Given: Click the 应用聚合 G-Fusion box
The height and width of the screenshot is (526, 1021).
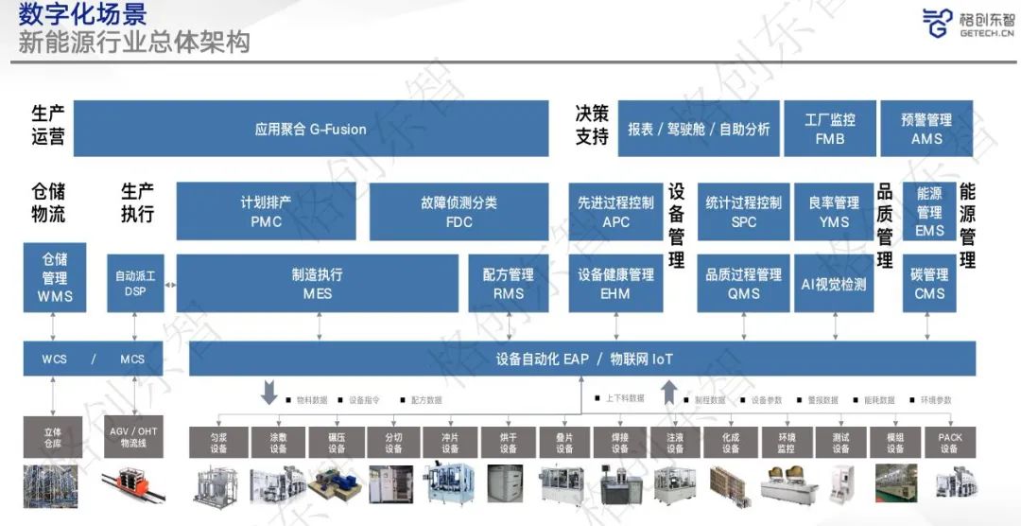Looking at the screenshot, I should pos(310,129).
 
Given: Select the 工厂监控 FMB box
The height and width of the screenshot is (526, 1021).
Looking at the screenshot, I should pos(829,129).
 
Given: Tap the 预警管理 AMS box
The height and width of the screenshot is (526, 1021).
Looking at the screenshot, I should pos(926,129).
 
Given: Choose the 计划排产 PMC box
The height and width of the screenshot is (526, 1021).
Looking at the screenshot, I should pos(266,212).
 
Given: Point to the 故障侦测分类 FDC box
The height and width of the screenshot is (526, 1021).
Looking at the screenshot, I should pos(459,212).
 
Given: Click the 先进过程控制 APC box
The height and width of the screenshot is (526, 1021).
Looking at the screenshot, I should pos(615,212).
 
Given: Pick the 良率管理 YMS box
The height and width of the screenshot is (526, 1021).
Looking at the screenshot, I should pos(834,212).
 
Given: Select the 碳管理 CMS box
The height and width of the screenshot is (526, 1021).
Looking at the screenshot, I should pos(929,284).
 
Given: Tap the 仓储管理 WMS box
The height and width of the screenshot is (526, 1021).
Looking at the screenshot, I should pos(55,278).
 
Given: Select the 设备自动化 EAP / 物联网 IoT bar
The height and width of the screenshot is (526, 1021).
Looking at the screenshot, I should pos(582,359).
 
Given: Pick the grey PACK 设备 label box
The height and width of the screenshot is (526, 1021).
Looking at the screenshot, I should pos(949,443).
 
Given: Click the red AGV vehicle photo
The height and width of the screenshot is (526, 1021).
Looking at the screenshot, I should pos(133,482).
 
